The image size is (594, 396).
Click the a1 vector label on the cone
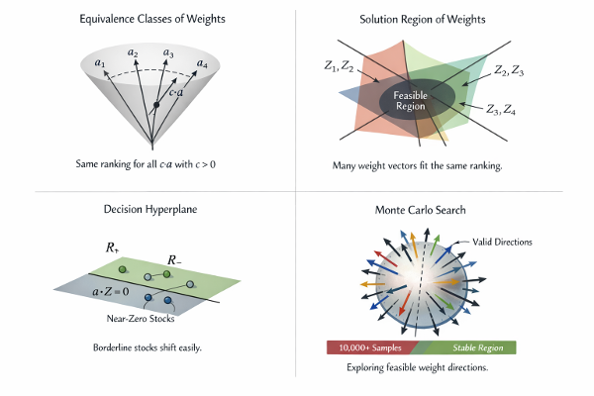click(x=99, y=63)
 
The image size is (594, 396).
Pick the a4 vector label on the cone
click(x=202, y=63)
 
